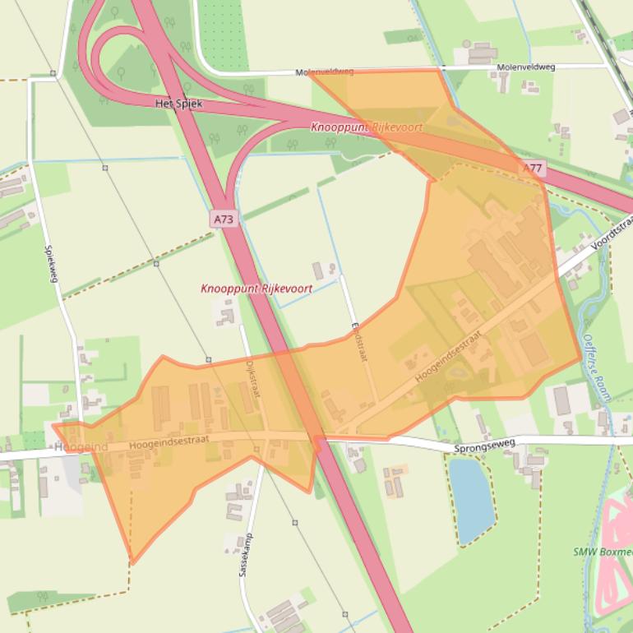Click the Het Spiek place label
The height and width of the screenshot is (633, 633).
[x=178, y=104]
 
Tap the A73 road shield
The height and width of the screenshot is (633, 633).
[x=223, y=219]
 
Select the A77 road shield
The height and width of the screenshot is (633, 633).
[x=533, y=168]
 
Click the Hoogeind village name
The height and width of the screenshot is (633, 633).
[x=81, y=446]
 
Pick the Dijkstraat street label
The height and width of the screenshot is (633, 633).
[x=252, y=380]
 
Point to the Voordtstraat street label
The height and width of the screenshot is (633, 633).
[x=612, y=233]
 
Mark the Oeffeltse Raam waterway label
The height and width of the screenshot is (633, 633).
[x=596, y=366]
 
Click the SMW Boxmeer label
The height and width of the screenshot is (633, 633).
[x=602, y=552]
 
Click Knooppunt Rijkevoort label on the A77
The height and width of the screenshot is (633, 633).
[x=367, y=127]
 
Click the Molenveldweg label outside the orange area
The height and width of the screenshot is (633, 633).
[x=525, y=67]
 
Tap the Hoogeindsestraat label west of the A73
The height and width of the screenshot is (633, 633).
[x=169, y=442]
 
